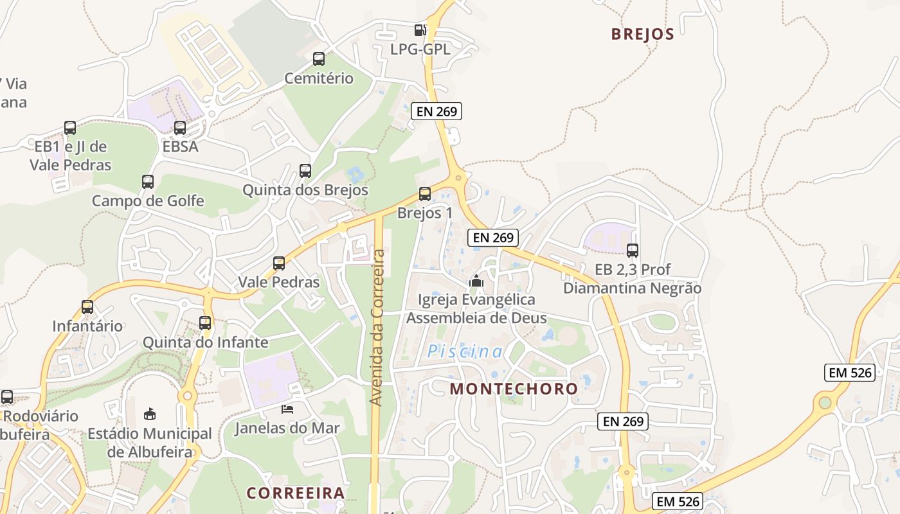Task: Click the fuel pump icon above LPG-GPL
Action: pos(420,30)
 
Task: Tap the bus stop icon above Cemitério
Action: pos(319,59)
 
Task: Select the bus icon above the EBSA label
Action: pos(180,128)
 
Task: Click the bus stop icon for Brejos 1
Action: pos(425,193)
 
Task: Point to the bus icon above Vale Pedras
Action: pos(279,263)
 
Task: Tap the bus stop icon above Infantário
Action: pos(87,307)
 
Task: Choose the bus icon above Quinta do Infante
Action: pos(205,323)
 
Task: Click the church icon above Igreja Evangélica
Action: pos(476,281)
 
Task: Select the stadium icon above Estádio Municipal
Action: pos(150,413)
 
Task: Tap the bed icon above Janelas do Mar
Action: pos(287,409)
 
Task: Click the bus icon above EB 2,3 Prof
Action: pos(633,251)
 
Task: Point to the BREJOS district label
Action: pos(642,34)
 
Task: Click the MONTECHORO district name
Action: pos(514,389)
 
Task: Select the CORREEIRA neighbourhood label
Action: pos(296,493)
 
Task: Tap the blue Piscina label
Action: pos(465,351)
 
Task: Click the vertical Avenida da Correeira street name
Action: pos(377,328)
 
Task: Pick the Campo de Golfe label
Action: pos(148,201)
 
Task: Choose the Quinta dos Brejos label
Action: pos(305,190)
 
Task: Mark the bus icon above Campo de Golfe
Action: pos(148,182)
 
